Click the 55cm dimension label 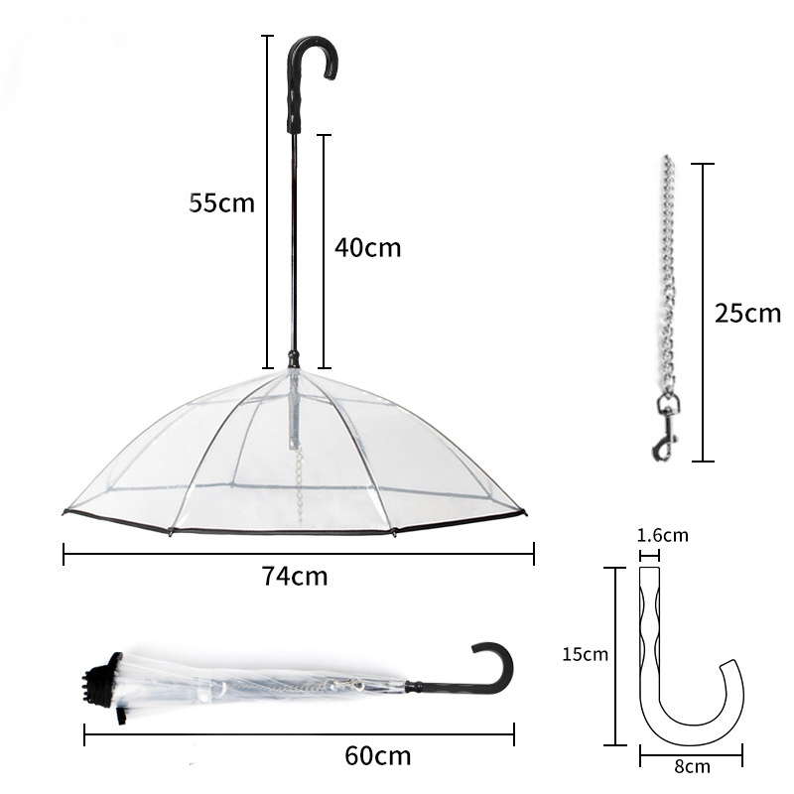(x=222, y=203)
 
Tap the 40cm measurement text (x=367, y=247)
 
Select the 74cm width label (x=295, y=576)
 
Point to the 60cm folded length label (x=377, y=755)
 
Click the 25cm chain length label (x=747, y=314)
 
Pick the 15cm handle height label (x=584, y=655)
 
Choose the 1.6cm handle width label (x=662, y=536)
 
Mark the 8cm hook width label (x=691, y=766)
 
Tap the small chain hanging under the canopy (x=296, y=476)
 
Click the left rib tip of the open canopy (x=66, y=511)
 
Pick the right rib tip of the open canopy (x=523, y=512)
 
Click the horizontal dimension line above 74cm (x=298, y=554)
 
